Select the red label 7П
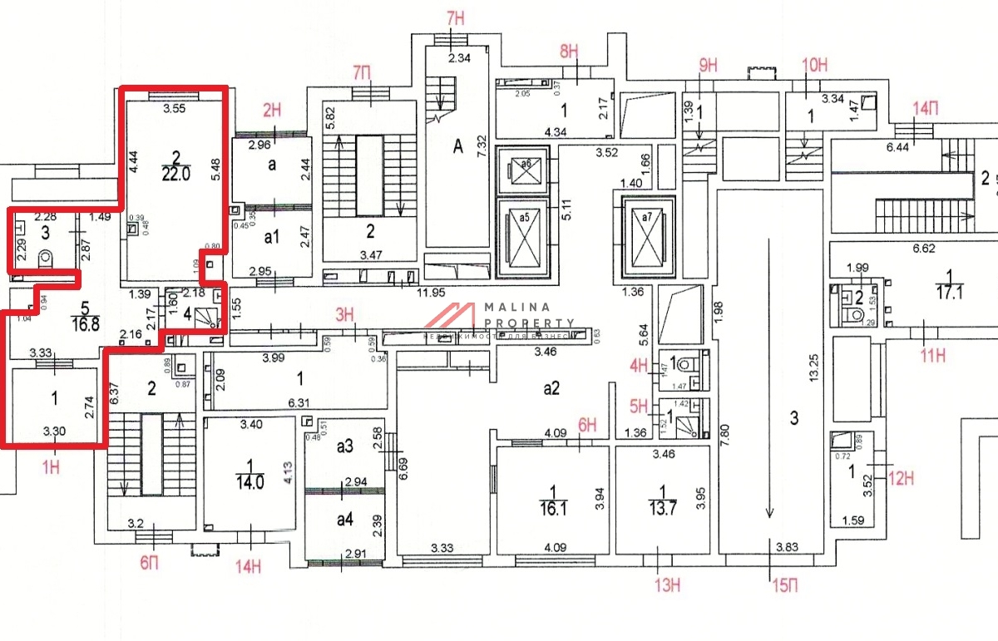click(362, 72)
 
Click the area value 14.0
click(249, 480)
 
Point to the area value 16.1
click(546, 507)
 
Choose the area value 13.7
click(663, 506)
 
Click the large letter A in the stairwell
click(457, 147)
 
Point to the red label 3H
click(345, 314)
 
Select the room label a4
click(344, 520)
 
